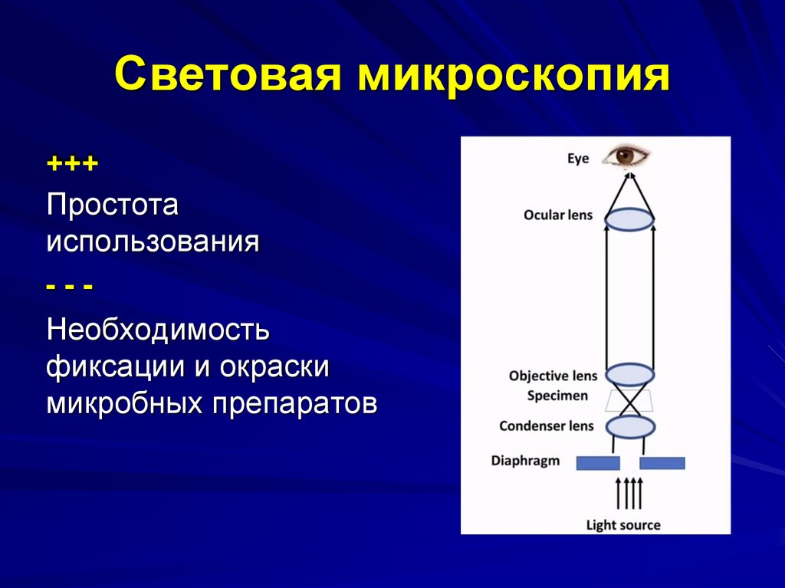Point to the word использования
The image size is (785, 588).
click(x=153, y=243)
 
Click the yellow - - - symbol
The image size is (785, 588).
click(x=70, y=286)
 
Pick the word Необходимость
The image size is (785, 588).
click(x=159, y=330)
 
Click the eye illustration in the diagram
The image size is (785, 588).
click(x=626, y=156)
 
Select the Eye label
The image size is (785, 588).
click(x=578, y=159)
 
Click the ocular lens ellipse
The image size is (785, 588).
click(x=629, y=219)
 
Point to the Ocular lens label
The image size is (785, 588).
click(x=558, y=215)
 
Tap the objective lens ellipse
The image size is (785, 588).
click(x=629, y=375)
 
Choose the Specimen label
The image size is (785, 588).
click(x=557, y=396)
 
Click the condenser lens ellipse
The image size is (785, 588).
click(x=629, y=425)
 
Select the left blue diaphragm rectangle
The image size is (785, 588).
click(x=598, y=462)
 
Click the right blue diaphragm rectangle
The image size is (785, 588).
click(x=662, y=462)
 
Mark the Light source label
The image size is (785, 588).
click(x=622, y=525)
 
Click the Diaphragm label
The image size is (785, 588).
click(x=525, y=461)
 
